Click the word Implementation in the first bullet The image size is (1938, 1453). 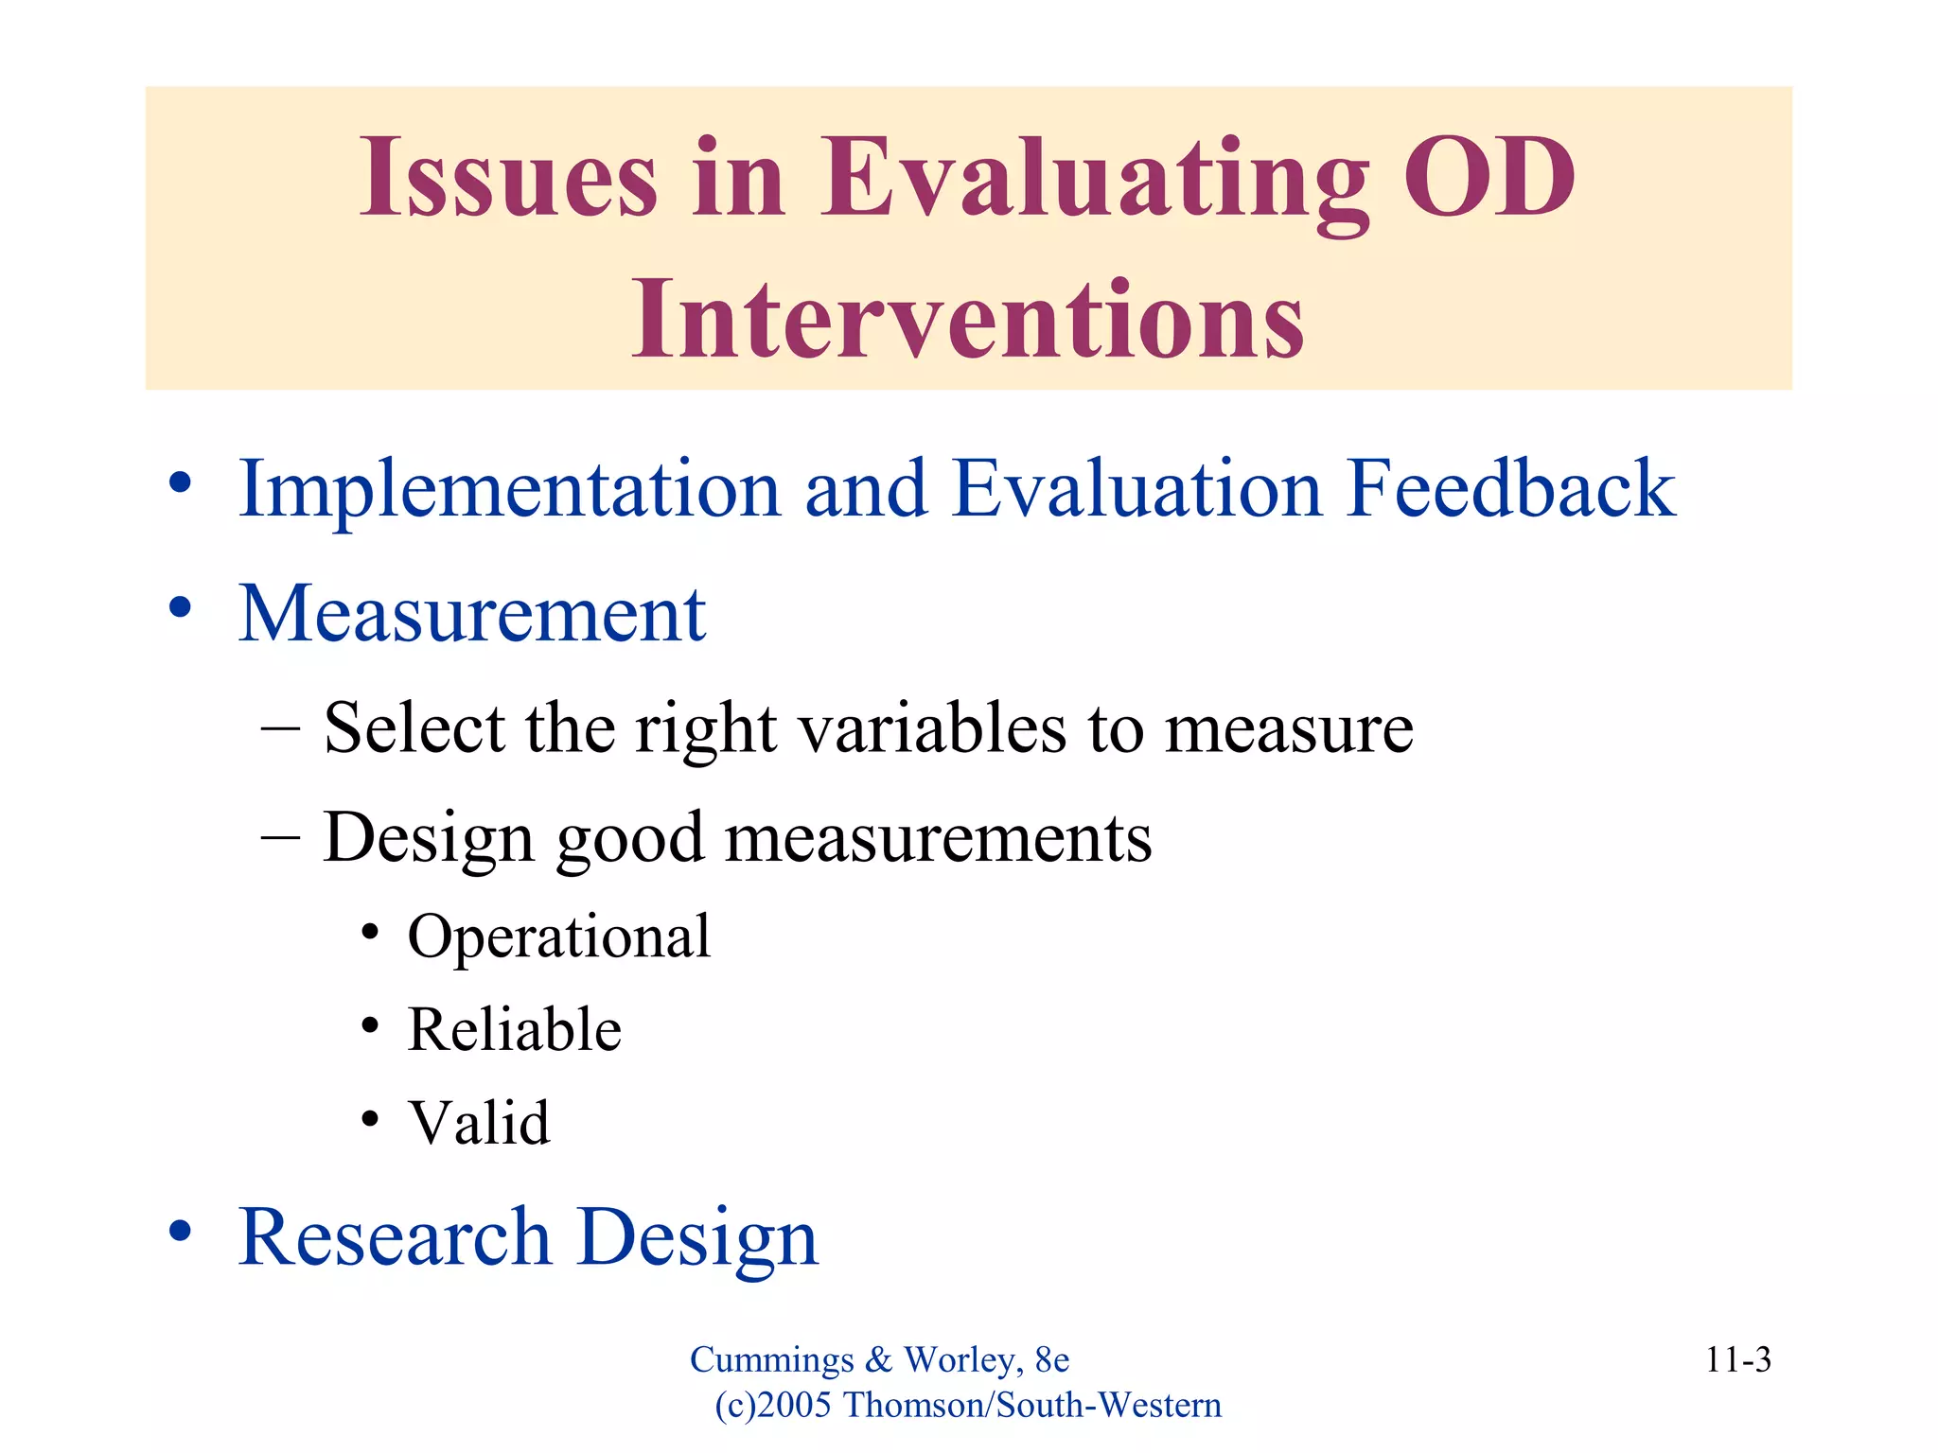tap(509, 490)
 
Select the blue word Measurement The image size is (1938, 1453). tap(471, 614)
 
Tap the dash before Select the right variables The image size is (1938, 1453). tap(280, 729)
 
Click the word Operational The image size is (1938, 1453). tap(558, 937)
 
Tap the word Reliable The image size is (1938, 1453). tap(514, 1029)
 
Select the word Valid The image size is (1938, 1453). tap(478, 1123)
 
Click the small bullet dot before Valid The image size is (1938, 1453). tap(370, 1120)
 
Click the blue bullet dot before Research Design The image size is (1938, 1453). tap(181, 1231)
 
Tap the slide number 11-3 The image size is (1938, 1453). tap(1737, 1360)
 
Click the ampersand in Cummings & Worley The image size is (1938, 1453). tap(878, 1360)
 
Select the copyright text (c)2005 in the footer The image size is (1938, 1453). tap(773, 1406)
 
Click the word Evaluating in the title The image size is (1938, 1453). tap(1093, 180)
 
